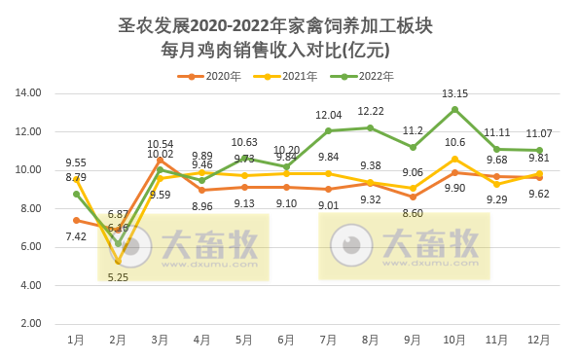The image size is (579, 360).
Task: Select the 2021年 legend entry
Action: tap(296, 76)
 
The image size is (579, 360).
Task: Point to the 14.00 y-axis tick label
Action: tap(28, 93)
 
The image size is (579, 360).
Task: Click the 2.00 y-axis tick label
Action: tap(31, 324)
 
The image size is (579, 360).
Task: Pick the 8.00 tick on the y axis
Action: tap(31, 208)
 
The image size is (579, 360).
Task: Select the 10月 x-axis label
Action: tap(454, 340)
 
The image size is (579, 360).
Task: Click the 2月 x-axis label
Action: tap(118, 340)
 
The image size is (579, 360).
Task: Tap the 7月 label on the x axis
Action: tap(328, 340)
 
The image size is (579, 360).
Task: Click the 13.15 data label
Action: tap(454, 93)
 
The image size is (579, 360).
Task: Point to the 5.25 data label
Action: tap(118, 277)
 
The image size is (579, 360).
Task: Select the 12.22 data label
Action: tap(371, 111)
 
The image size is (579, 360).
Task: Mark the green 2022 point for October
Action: tap(454, 109)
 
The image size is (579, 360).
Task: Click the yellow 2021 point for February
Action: tap(118, 261)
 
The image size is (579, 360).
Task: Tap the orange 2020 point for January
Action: tap(76, 220)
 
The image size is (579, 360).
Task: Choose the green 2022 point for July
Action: tap(328, 130)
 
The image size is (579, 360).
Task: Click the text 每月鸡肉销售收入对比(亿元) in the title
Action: tap(289, 49)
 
